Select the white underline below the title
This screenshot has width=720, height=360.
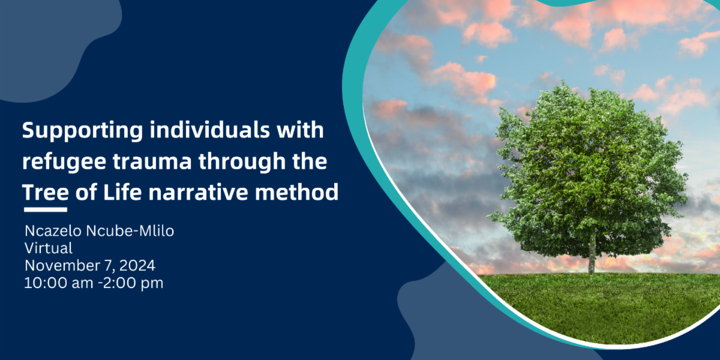tap(46, 209)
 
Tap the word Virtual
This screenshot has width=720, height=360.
tap(49, 248)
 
